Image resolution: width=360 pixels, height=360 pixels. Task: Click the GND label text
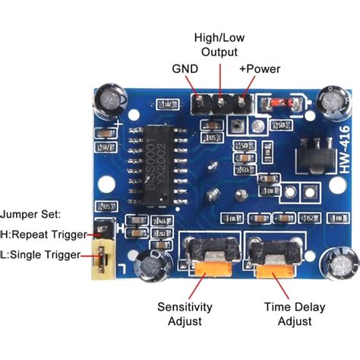pos(185,69)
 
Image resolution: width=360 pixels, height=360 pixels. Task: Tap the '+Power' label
pos(260,69)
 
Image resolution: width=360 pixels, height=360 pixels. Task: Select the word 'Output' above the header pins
pos(219,51)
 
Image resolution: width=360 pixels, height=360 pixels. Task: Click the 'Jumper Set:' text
pos(30,215)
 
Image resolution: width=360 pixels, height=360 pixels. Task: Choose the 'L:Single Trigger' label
pos(41,255)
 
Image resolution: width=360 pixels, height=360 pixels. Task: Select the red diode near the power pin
pos(279,103)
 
